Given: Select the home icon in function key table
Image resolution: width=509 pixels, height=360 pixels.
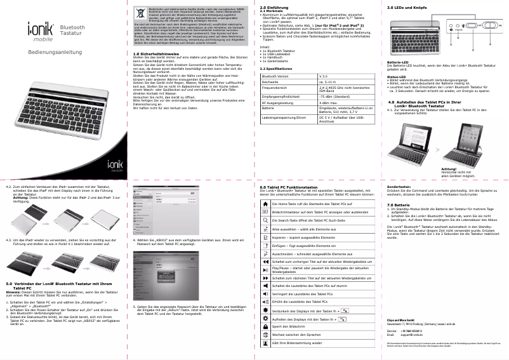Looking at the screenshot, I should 265,203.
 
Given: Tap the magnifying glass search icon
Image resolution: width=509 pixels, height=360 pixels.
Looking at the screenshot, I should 265,219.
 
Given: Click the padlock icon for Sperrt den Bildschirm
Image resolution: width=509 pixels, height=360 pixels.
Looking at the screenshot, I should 265,326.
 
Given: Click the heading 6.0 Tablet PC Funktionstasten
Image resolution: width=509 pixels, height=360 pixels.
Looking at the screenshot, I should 293,187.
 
